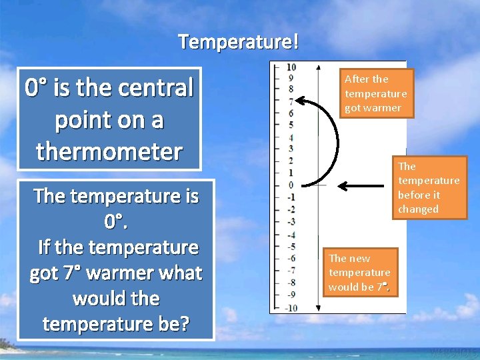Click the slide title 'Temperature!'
[239, 42]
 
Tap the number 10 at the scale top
[291, 67]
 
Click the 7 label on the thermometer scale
[291, 101]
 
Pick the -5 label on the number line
[290, 247]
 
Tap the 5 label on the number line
[291, 125]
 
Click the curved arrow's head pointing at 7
[301, 101]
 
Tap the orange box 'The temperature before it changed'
[428, 187]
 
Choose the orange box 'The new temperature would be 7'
[359, 272]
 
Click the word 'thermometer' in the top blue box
[109, 151]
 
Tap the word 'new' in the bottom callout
[359, 258]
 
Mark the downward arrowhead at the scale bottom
[318, 307]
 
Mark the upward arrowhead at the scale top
[318, 67]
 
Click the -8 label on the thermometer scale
[290, 283]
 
